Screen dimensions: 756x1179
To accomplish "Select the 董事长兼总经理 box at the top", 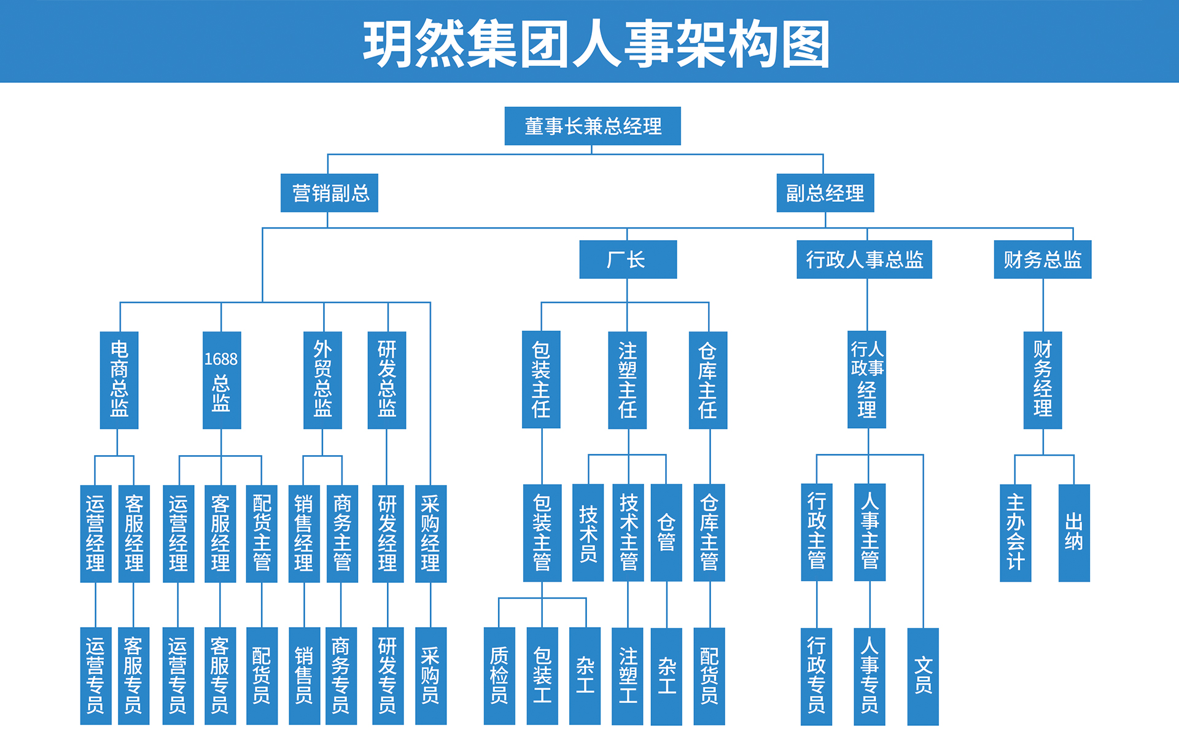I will coord(592,126).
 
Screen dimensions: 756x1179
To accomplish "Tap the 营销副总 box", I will coord(329,193).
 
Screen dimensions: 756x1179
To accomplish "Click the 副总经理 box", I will coord(825,193).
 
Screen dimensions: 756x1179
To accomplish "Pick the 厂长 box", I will coord(628,259).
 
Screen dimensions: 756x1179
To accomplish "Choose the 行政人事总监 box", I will coord(863,259).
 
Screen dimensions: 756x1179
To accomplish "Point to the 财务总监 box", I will coord(1042,259).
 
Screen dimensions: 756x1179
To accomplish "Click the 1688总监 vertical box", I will coord(221,380).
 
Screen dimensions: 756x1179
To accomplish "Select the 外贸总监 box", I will coord(322,380).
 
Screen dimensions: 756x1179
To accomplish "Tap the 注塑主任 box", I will coord(627,380).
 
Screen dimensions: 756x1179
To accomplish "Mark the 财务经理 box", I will coord(1042,380).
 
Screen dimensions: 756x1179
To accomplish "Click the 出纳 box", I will coord(1073,532).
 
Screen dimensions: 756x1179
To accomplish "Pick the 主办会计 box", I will coord(1015,532).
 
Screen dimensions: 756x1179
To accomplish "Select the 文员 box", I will coord(922,676).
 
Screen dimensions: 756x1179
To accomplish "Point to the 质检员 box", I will coord(499,676).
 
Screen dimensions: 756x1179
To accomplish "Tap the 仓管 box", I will coord(666,532).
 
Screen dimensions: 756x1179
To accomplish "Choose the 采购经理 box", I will coord(430,533).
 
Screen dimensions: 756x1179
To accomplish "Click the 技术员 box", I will coord(588,532).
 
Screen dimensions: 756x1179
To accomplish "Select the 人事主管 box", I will coord(870,532).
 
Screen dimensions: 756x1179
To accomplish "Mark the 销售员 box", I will coord(304,676).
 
